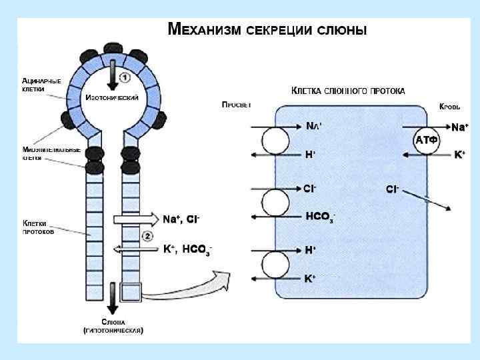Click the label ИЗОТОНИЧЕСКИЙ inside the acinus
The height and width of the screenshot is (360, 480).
tap(112, 98)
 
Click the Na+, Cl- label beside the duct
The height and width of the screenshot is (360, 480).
tap(181, 219)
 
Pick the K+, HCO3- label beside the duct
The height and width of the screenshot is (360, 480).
tap(187, 250)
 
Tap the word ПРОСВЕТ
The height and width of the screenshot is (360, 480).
tap(237, 105)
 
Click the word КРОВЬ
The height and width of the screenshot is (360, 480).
tap(450, 107)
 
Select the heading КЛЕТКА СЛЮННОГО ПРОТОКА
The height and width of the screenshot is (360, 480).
tap(348, 91)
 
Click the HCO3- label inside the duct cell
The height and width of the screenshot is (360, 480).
tap(319, 217)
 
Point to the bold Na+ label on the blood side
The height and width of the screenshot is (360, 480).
tap(460, 127)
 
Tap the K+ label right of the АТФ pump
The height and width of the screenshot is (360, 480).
tap(459, 155)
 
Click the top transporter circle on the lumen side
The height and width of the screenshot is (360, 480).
tap(275, 141)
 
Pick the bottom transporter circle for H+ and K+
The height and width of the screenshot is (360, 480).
tap(275, 264)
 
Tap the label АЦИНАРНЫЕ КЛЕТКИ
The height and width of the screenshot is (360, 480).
tap(41, 85)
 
